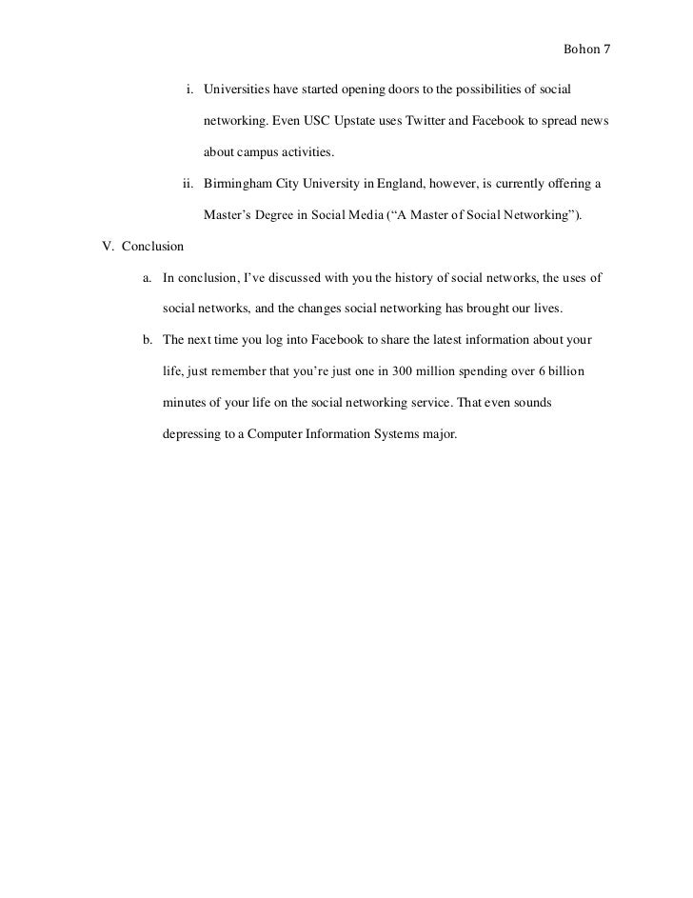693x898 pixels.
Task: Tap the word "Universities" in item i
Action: [235, 90]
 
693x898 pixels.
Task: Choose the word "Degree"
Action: [271, 215]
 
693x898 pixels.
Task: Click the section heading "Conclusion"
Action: [152, 247]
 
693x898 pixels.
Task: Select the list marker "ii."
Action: [188, 184]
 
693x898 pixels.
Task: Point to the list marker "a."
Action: [148, 278]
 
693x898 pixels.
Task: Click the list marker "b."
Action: [148, 340]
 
